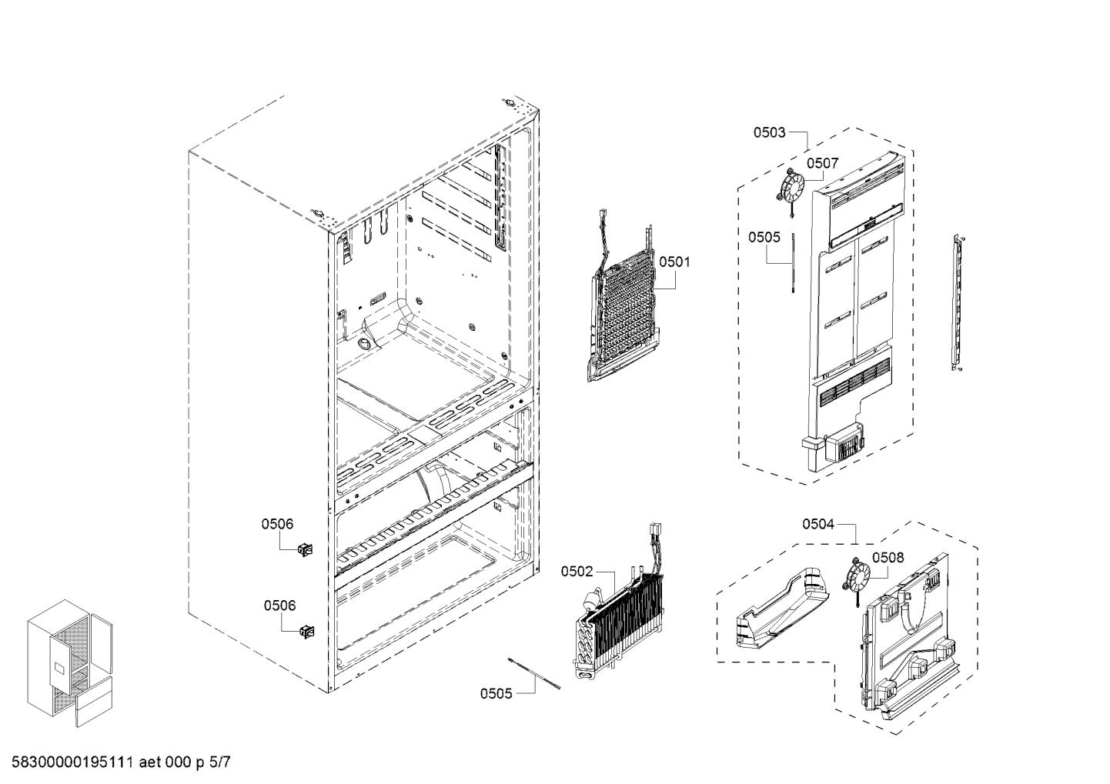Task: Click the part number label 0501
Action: pos(674,262)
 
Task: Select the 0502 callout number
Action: pos(577,571)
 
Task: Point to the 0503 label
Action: pos(769,132)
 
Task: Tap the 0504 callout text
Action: pos(818,524)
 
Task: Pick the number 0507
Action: pos(822,163)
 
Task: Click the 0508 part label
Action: pos(888,557)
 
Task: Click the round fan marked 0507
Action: pos(790,186)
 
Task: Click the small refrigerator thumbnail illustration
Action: pos(71,666)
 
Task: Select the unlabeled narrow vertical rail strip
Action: pos(957,304)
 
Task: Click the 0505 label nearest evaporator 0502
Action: pos(496,693)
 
